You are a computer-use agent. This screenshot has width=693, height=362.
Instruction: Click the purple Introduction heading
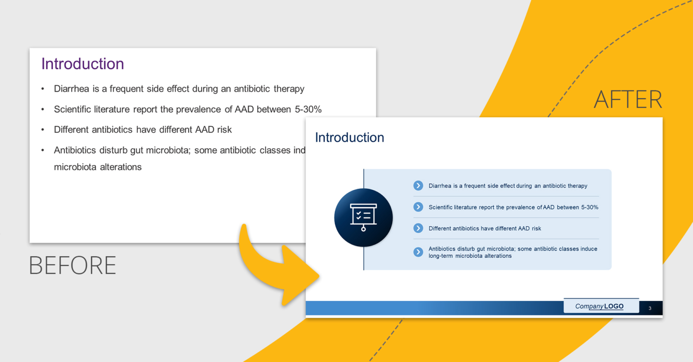point(83,64)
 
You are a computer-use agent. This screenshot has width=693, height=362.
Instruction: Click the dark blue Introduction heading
point(349,137)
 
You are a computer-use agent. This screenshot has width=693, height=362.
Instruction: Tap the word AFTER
point(627,99)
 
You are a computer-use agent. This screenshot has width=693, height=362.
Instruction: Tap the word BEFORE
point(73,265)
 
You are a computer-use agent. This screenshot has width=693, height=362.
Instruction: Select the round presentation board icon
point(363,217)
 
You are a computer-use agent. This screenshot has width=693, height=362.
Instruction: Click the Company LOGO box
point(601,306)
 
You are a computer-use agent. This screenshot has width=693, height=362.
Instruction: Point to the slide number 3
point(650,308)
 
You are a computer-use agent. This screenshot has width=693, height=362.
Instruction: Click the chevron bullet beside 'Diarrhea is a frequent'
point(418,186)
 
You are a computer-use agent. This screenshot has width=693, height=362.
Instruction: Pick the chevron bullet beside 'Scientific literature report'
point(418,207)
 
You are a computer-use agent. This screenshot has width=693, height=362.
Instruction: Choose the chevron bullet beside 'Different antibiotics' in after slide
point(418,228)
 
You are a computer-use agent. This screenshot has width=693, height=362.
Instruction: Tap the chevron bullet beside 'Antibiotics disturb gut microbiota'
point(418,252)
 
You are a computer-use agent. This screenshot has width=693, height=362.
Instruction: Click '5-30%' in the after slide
point(590,207)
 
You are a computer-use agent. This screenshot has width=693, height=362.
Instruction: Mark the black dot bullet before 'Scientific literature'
point(43,109)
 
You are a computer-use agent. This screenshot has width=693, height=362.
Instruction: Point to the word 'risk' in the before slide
point(223,130)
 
